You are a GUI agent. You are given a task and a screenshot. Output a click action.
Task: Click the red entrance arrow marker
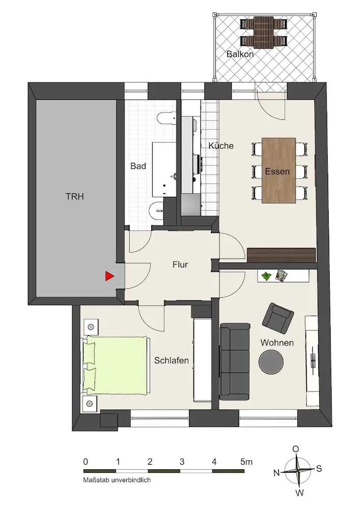(x=109, y=276)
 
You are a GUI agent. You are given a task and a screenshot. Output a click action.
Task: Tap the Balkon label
(x=240, y=54)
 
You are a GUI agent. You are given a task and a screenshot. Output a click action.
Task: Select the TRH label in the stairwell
(x=75, y=196)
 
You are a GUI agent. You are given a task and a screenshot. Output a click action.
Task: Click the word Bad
(x=139, y=166)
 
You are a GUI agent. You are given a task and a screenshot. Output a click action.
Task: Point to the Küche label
(x=221, y=146)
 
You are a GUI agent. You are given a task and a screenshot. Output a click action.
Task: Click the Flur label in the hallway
(x=180, y=265)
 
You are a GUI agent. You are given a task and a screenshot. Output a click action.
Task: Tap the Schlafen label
(x=172, y=360)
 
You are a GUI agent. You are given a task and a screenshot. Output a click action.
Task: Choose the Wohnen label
(x=277, y=343)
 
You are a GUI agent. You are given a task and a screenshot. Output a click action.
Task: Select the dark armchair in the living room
(x=278, y=319)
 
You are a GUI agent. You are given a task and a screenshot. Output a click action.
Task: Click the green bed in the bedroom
(x=117, y=365)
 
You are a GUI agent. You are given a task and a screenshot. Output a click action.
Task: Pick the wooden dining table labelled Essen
(x=279, y=171)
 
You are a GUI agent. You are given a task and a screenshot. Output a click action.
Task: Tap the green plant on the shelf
(x=267, y=276)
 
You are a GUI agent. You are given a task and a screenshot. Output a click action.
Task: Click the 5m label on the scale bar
(x=246, y=462)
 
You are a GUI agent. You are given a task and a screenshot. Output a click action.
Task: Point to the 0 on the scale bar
(x=86, y=462)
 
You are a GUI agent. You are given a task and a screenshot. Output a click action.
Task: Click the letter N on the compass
(x=276, y=473)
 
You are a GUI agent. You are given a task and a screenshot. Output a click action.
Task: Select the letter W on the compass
(x=299, y=493)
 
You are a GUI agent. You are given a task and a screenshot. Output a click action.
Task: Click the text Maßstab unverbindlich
(x=117, y=480)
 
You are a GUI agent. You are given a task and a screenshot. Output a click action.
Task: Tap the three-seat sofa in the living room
(x=235, y=361)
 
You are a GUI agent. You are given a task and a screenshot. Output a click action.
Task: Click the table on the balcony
(x=264, y=33)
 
